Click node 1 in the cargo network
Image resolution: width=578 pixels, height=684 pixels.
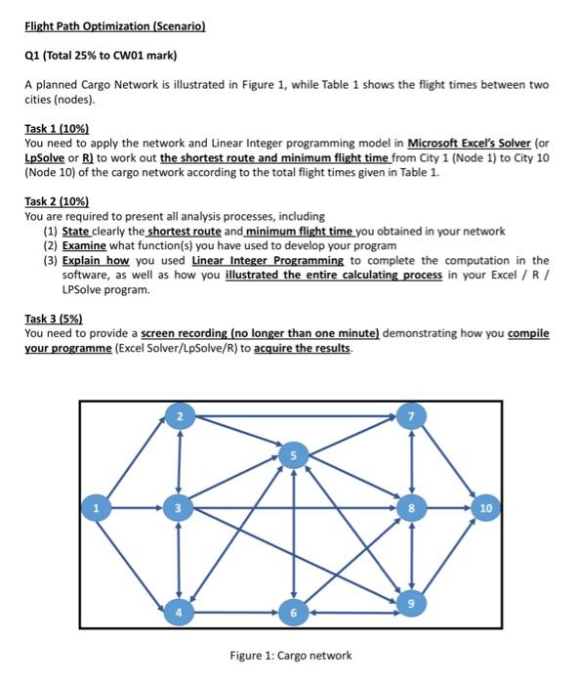(x=96, y=508)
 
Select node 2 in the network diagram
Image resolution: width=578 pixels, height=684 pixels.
(x=178, y=418)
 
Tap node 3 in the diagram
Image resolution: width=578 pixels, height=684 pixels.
(x=178, y=508)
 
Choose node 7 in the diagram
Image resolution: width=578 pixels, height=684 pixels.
(x=410, y=418)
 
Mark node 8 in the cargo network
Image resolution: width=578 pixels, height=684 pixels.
(x=410, y=508)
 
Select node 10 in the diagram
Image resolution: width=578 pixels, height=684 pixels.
(x=488, y=508)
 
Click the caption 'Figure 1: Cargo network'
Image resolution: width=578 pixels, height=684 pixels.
(x=291, y=655)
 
